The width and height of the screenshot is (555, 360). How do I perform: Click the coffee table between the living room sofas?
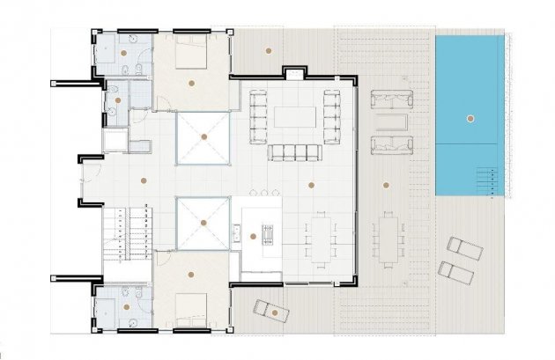tap(294, 117)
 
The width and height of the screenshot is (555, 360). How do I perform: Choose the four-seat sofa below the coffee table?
tap(292, 153)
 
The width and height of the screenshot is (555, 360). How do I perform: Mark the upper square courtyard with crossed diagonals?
tap(203, 138)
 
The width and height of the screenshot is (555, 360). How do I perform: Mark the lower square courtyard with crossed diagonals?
tap(203, 223)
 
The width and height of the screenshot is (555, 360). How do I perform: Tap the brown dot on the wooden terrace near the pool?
tap(386, 185)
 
